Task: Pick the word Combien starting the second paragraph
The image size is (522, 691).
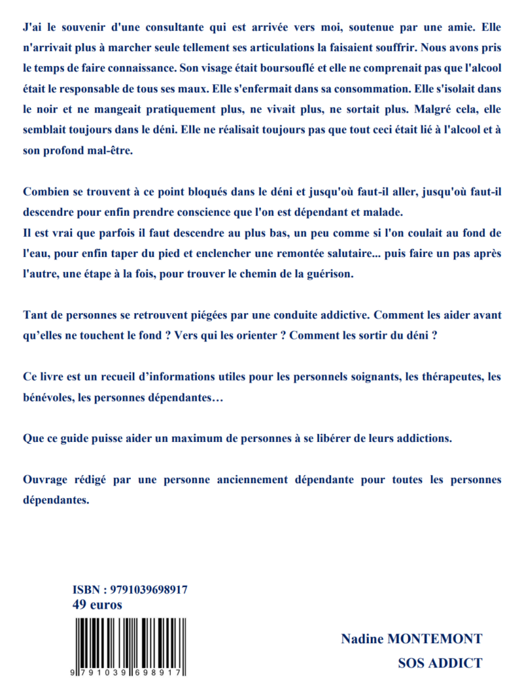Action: point(44,192)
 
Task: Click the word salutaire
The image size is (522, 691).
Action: point(349,254)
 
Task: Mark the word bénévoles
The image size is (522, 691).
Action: point(47,397)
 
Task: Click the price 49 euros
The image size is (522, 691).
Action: point(97,605)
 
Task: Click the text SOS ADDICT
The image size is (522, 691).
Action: point(440,663)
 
